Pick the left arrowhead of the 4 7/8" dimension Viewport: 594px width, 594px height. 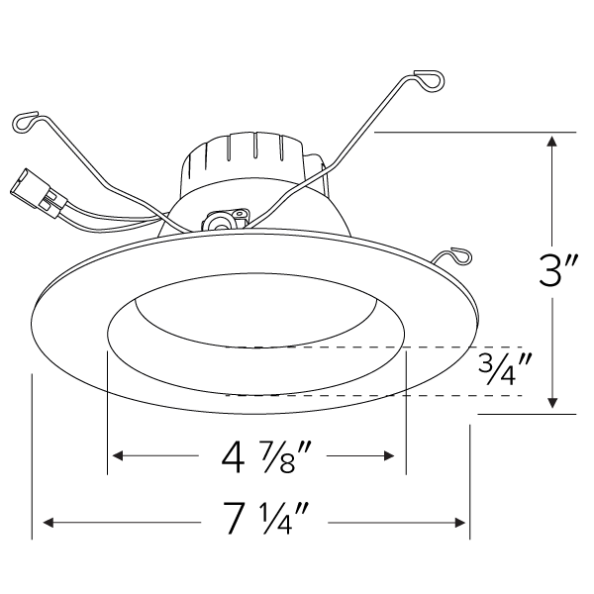pos(116,456)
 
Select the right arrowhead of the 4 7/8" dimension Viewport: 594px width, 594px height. pos(395,456)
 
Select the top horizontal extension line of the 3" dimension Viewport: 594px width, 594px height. pos(475,132)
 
